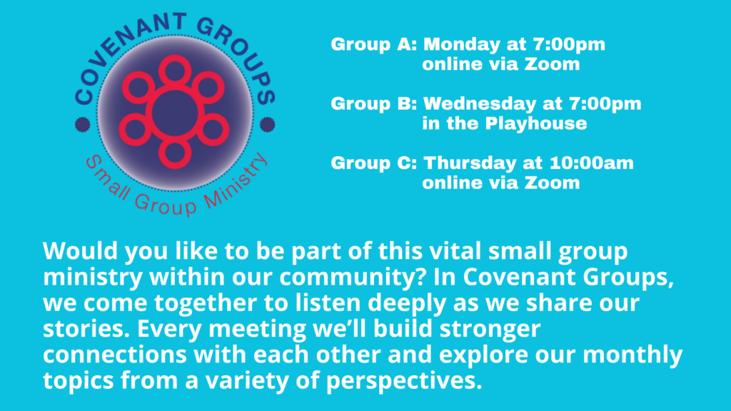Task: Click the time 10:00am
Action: (592, 163)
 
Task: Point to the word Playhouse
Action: (535, 124)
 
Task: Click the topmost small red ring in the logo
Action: (175, 57)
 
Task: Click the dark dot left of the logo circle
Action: (83, 124)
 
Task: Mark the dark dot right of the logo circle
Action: (267, 124)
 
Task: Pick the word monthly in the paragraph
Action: (632, 355)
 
